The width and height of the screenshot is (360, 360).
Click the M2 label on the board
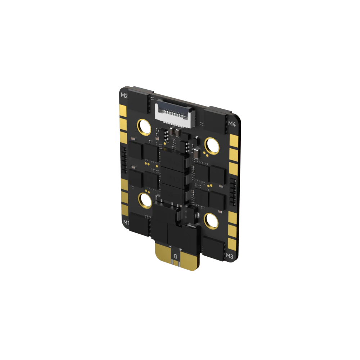click(124, 96)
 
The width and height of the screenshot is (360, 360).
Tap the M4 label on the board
click(232, 124)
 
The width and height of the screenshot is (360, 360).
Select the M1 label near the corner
click(126, 222)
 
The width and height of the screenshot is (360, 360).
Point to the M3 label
click(229, 256)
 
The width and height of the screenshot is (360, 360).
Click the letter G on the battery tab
click(175, 256)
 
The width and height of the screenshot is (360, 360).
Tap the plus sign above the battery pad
click(180, 249)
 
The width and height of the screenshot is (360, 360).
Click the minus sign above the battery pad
click(170, 246)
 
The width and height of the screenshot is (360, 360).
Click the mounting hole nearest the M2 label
click(144, 127)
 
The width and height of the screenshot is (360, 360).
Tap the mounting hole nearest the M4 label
click(212, 145)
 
